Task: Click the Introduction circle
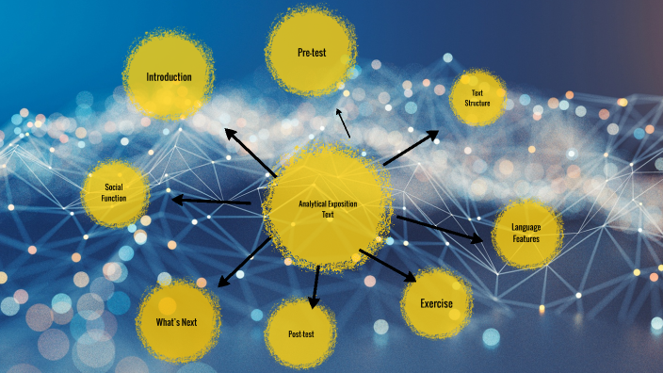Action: click(169, 76)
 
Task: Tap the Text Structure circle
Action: click(477, 98)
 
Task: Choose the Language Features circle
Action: click(526, 233)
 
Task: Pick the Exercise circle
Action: click(436, 303)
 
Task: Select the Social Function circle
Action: click(115, 193)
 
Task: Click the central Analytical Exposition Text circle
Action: click(327, 207)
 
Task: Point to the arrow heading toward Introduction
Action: click(249, 152)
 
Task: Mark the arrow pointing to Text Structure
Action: click(411, 149)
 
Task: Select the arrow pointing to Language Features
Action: click(440, 229)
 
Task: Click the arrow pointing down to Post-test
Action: click(315, 286)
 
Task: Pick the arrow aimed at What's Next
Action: click(246, 261)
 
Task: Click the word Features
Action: click(526, 239)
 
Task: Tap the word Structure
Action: click(477, 103)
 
